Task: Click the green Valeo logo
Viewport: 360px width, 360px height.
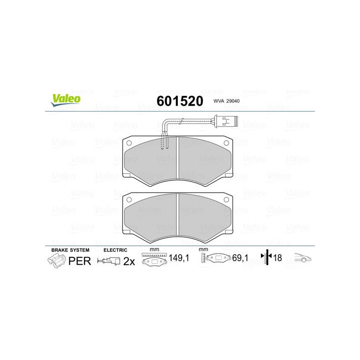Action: coord(66,100)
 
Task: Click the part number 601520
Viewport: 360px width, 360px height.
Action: coord(180,101)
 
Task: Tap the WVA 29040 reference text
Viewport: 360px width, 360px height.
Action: coord(226,101)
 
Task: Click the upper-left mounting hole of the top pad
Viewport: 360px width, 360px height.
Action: coord(129,143)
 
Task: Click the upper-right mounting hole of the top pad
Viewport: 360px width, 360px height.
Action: coord(226,143)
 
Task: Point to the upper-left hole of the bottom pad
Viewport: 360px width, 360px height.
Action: coord(129,200)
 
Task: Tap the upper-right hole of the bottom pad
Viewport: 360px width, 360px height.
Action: coord(226,200)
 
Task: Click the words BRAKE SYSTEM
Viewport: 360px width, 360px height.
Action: coord(70,250)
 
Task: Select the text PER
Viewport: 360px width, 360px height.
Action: coord(80,261)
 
